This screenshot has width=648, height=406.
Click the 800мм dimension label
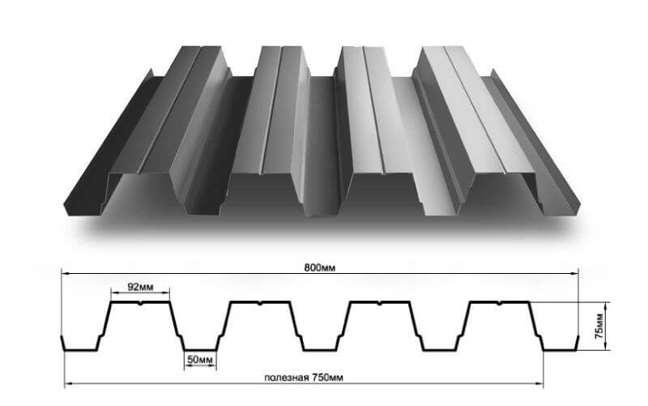tap(320, 268)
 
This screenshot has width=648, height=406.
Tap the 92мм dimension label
tap(140, 287)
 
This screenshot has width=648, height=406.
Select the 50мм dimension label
tap(200, 360)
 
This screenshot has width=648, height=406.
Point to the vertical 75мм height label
tap(599, 327)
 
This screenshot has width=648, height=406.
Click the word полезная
tap(287, 378)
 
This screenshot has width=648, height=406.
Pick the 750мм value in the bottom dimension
tap(327, 378)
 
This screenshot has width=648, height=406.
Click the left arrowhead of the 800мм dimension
tap(66, 273)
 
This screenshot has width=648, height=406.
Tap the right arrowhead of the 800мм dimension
tap(574, 273)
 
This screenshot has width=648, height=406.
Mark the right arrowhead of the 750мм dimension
tap(539, 384)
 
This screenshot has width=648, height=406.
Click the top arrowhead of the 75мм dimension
tap(605, 306)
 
